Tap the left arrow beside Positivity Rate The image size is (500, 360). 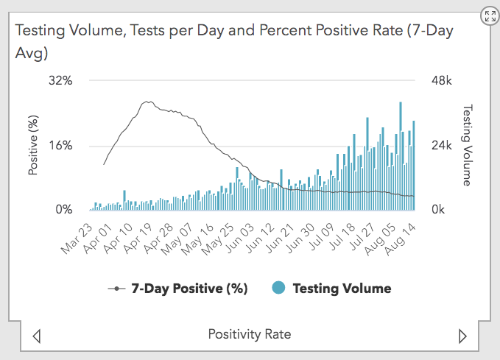(37, 336)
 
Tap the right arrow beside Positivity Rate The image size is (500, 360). (462, 336)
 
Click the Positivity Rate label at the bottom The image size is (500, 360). (250, 334)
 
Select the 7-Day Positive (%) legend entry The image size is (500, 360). (177, 288)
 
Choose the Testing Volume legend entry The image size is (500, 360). (332, 288)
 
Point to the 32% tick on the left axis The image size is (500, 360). (60, 80)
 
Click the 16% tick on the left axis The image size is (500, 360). (60, 145)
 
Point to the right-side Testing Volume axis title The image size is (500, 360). (466, 145)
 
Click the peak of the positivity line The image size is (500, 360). (148, 102)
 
